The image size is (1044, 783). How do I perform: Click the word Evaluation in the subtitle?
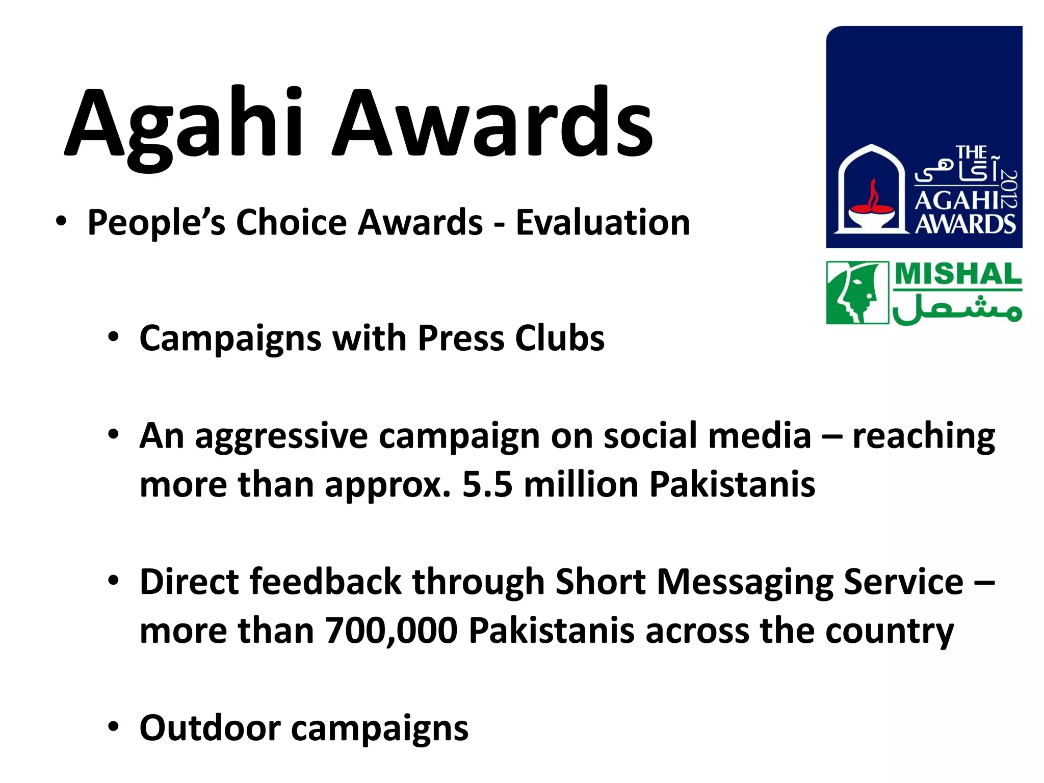point(603,223)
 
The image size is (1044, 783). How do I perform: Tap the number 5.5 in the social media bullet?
point(487,484)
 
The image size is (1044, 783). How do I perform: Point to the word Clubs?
point(559,338)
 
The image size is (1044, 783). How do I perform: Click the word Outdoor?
point(210,728)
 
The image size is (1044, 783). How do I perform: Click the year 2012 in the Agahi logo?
point(1009,189)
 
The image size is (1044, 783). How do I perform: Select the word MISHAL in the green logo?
point(958,275)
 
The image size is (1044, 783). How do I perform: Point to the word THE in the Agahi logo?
point(971,152)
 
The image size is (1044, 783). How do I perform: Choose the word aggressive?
point(281,436)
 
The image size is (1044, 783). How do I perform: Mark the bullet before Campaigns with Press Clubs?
point(113,337)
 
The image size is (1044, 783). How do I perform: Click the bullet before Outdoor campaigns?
point(113,727)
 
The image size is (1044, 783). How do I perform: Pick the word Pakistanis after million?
point(732,484)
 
